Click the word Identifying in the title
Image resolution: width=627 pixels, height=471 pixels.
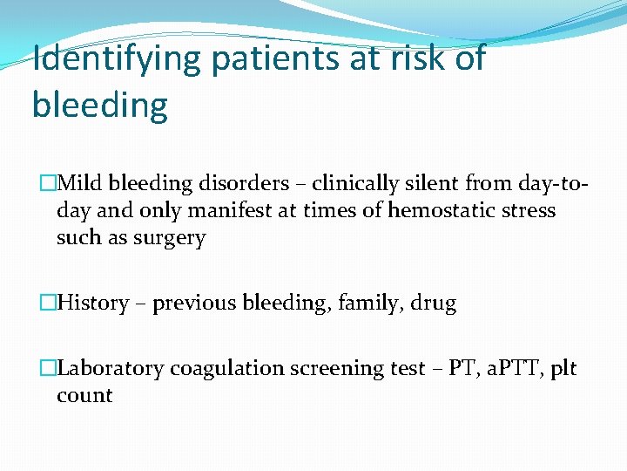[117, 60]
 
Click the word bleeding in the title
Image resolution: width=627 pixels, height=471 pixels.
[99, 106]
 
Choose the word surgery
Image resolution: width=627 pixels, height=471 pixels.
[171, 237]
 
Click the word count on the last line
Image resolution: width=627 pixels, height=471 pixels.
[84, 395]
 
